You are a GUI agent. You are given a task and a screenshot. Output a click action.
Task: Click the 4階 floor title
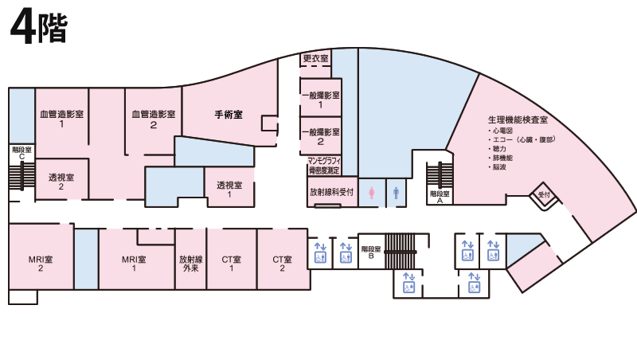pos(38,29)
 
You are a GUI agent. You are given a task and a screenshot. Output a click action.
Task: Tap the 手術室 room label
pos(229,115)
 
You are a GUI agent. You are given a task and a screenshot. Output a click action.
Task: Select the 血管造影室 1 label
pos(62,119)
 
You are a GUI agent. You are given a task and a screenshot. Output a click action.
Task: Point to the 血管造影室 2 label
pos(154,119)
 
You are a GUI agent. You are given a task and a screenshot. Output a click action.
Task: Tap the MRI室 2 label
pos(41,264)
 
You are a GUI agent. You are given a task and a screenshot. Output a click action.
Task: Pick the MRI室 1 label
pos(134,264)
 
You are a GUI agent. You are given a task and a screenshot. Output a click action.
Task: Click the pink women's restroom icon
pos(371,193)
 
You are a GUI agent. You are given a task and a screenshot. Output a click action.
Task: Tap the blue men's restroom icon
pos(396,193)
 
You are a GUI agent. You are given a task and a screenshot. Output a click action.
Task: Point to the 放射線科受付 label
pos(331,192)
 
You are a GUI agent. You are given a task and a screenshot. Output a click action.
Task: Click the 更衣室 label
pos(315,58)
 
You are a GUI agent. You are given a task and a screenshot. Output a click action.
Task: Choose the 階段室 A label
pos(440,197)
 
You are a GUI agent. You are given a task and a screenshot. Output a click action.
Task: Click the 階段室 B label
pos(371,252)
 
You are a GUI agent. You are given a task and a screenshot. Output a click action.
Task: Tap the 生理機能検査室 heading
pos(518,119)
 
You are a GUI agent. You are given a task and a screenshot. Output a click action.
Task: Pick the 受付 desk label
pos(544,194)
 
